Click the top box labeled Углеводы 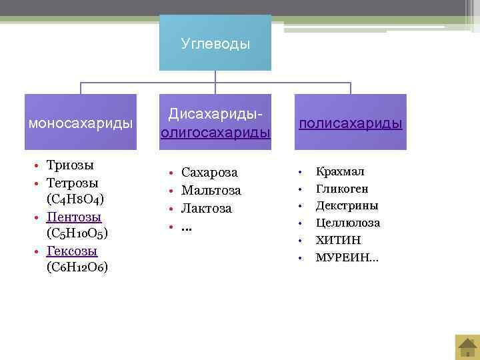pyautogui.click(x=215, y=43)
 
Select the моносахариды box pyautogui.click(x=81, y=123)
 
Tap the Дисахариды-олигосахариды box pyautogui.click(x=215, y=123)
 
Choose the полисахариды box pyautogui.click(x=350, y=123)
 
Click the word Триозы pyautogui.click(x=70, y=165)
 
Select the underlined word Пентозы pyautogui.click(x=74, y=217)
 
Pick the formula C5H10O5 pyautogui.click(x=77, y=234)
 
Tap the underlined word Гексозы pyautogui.click(x=72, y=251)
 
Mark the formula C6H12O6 pyautogui.click(x=77, y=267)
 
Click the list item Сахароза pyautogui.click(x=209, y=173)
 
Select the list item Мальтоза pyautogui.click(x=211, y=191)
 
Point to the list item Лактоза pyautogui.click(x=207, y=209)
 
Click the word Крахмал pyautogui.click(x=340, y=171)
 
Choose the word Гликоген pyautogui.click(x=342, y=189)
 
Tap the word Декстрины pyautogui.click(x=347, y=205)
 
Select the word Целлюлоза pyautogui.click(x=347, y=223)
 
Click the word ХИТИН pyautogui.click(x=337, y=240)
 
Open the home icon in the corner pyautogui.click(x=466, y=346)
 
